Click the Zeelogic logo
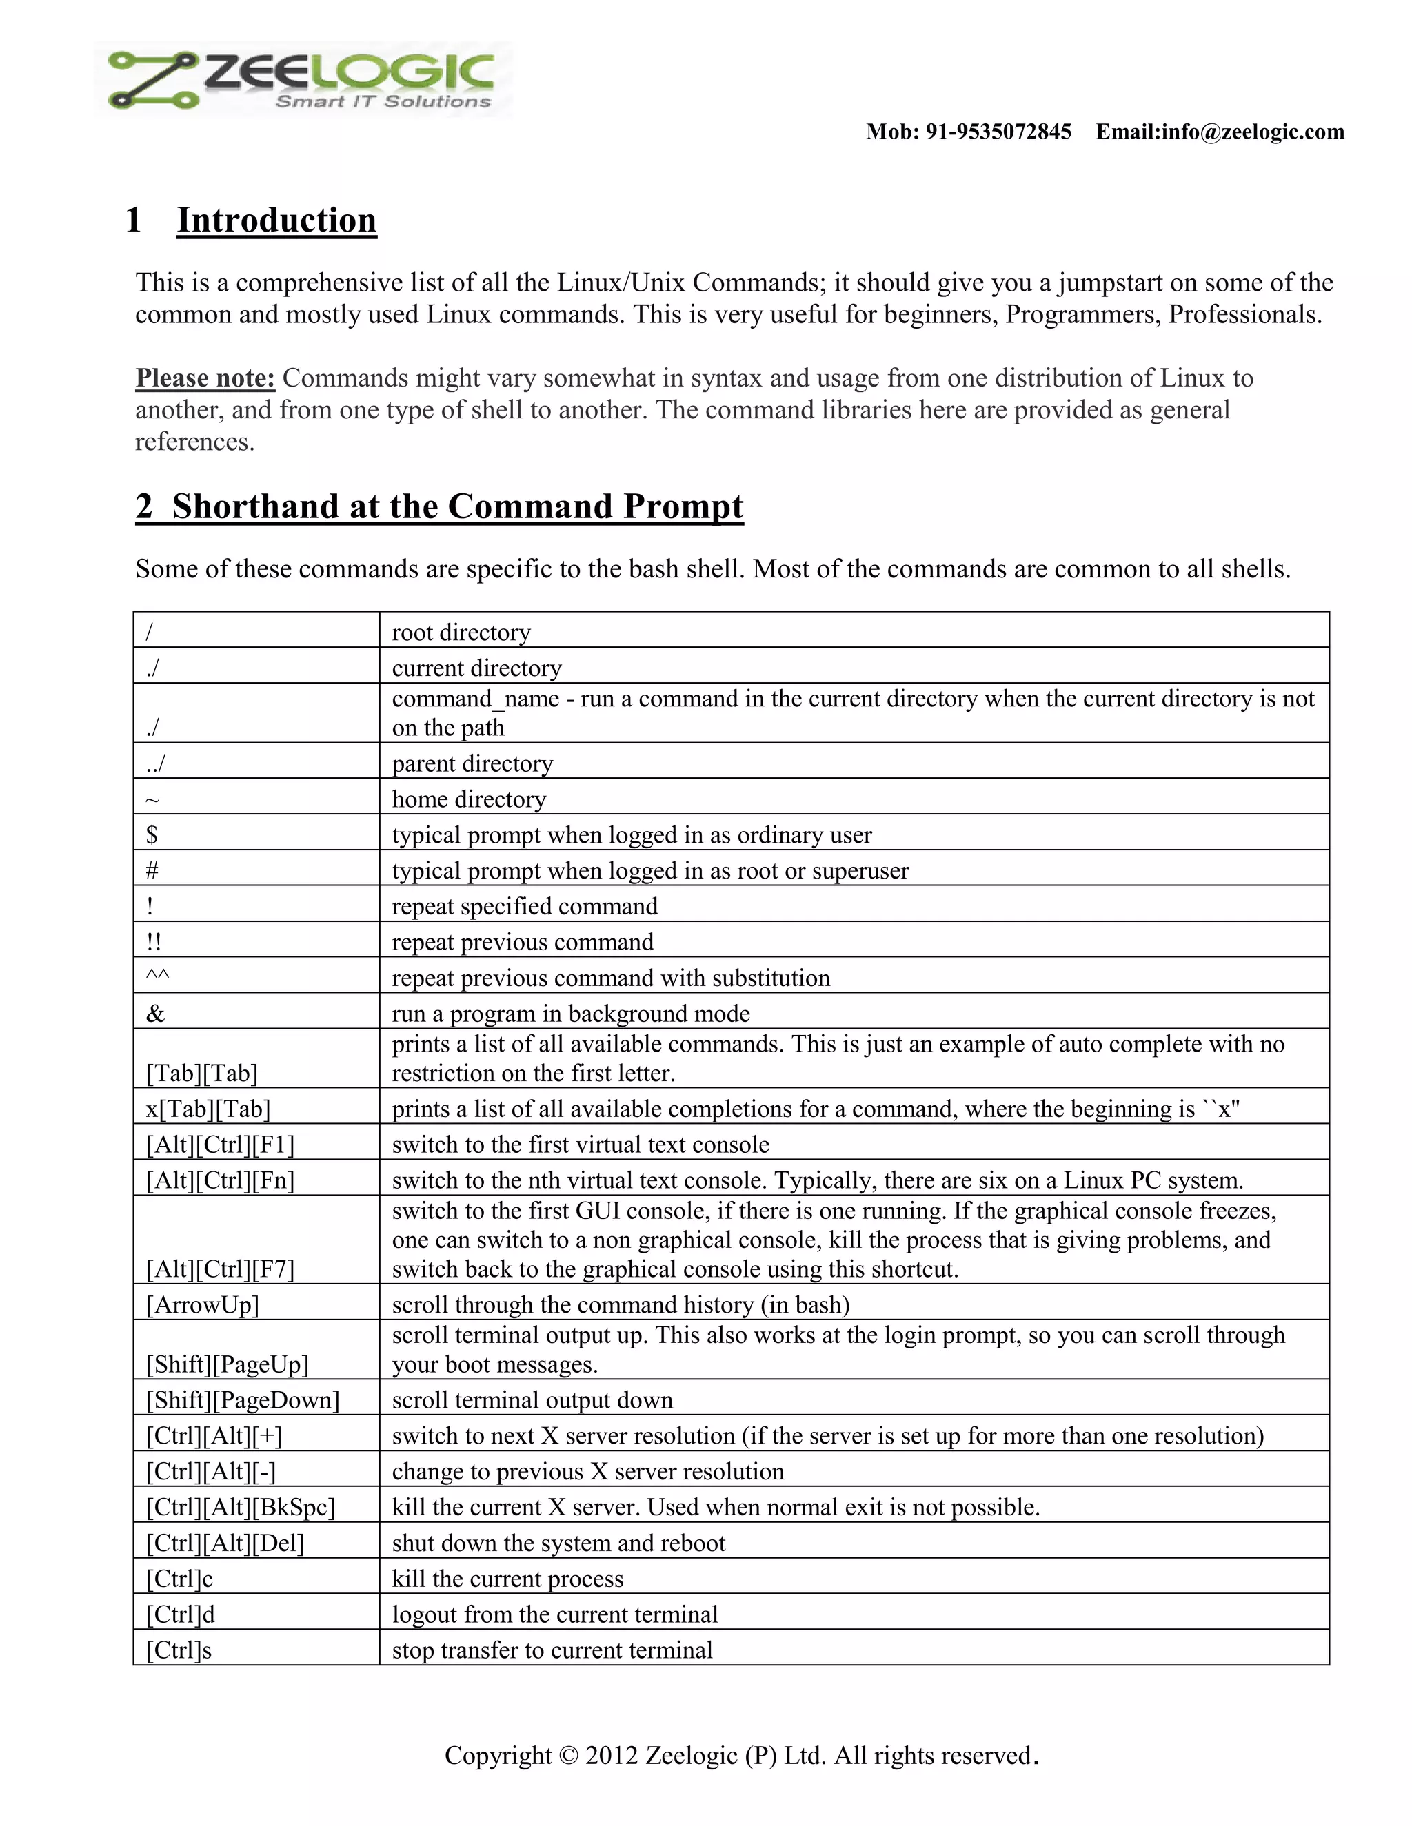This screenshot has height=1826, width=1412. coord(303,79)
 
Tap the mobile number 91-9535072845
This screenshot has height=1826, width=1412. coord(998,132)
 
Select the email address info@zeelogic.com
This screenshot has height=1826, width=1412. coord(1252,132)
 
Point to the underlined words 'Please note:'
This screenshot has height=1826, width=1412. coord(205,378)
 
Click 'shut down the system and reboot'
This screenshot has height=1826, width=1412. coord(558,1543)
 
